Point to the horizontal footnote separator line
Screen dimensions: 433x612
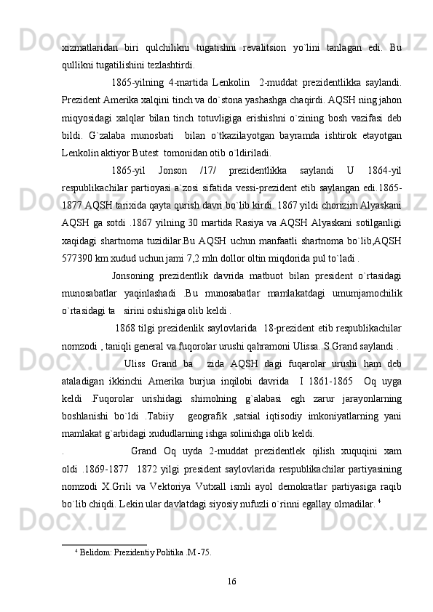(105, 543)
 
